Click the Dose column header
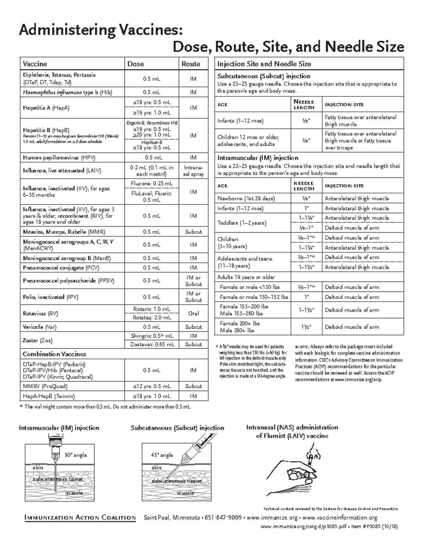(x=136, y=64)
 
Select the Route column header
(x=191, y=64)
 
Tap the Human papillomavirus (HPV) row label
(x=59, y=158)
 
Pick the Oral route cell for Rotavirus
(x=194, y=313)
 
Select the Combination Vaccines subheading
(x=54, y=354)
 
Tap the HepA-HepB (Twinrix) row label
(x=49, y=396)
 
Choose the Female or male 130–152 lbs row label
(x=254, y=297)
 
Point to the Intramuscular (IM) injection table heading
(x=258, y=158)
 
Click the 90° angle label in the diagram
(x=75, y=455)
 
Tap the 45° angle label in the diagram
(x=162, y=455)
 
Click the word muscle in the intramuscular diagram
(x=74, y=493)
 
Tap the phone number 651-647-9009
(x=225, y=518)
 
